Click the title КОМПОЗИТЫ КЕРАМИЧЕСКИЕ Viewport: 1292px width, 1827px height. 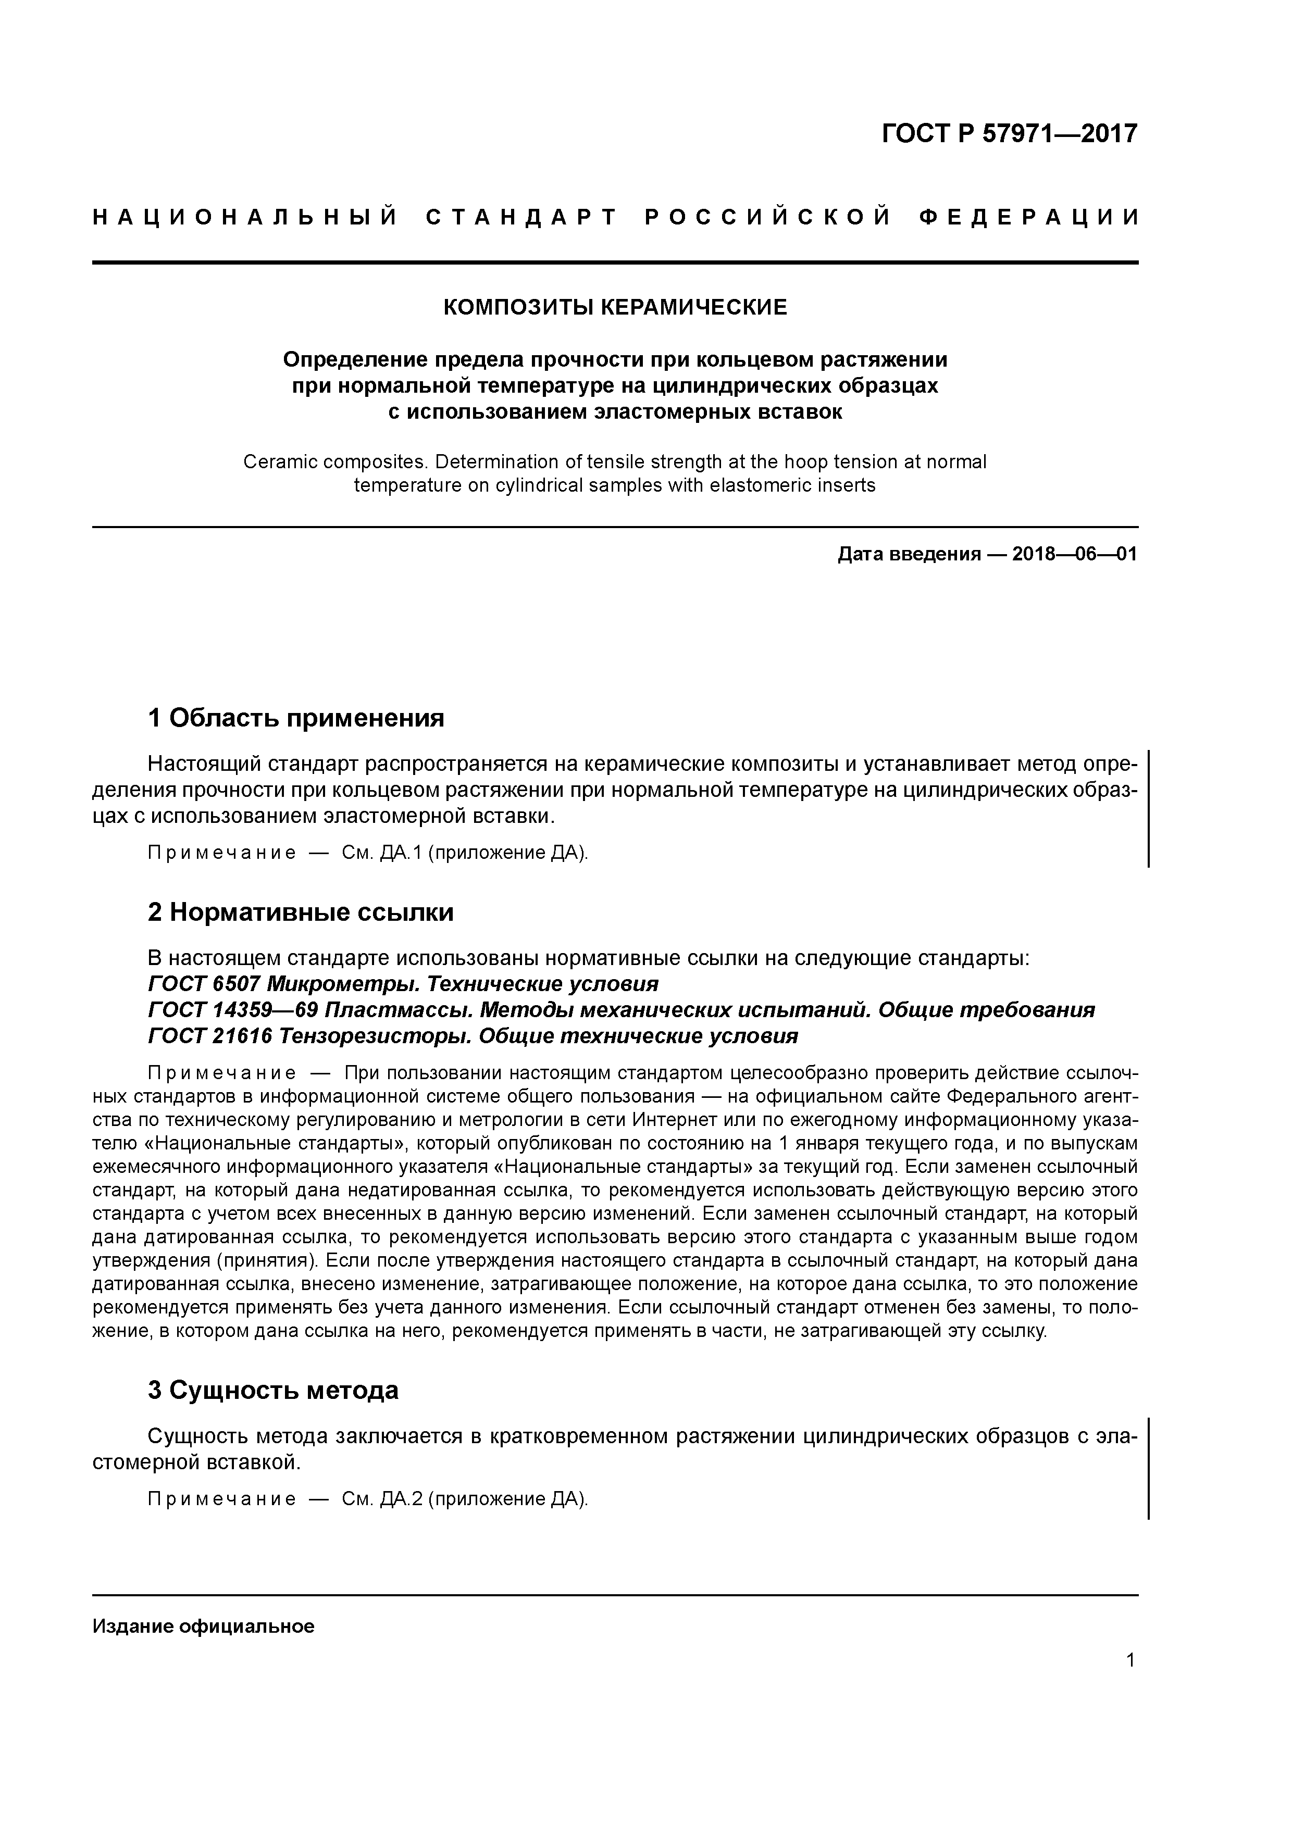615,307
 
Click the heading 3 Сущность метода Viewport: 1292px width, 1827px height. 273,1390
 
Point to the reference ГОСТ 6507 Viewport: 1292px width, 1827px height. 204,984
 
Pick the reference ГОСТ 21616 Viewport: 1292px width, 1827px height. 210,1036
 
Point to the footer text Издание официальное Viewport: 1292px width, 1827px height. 204,1625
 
